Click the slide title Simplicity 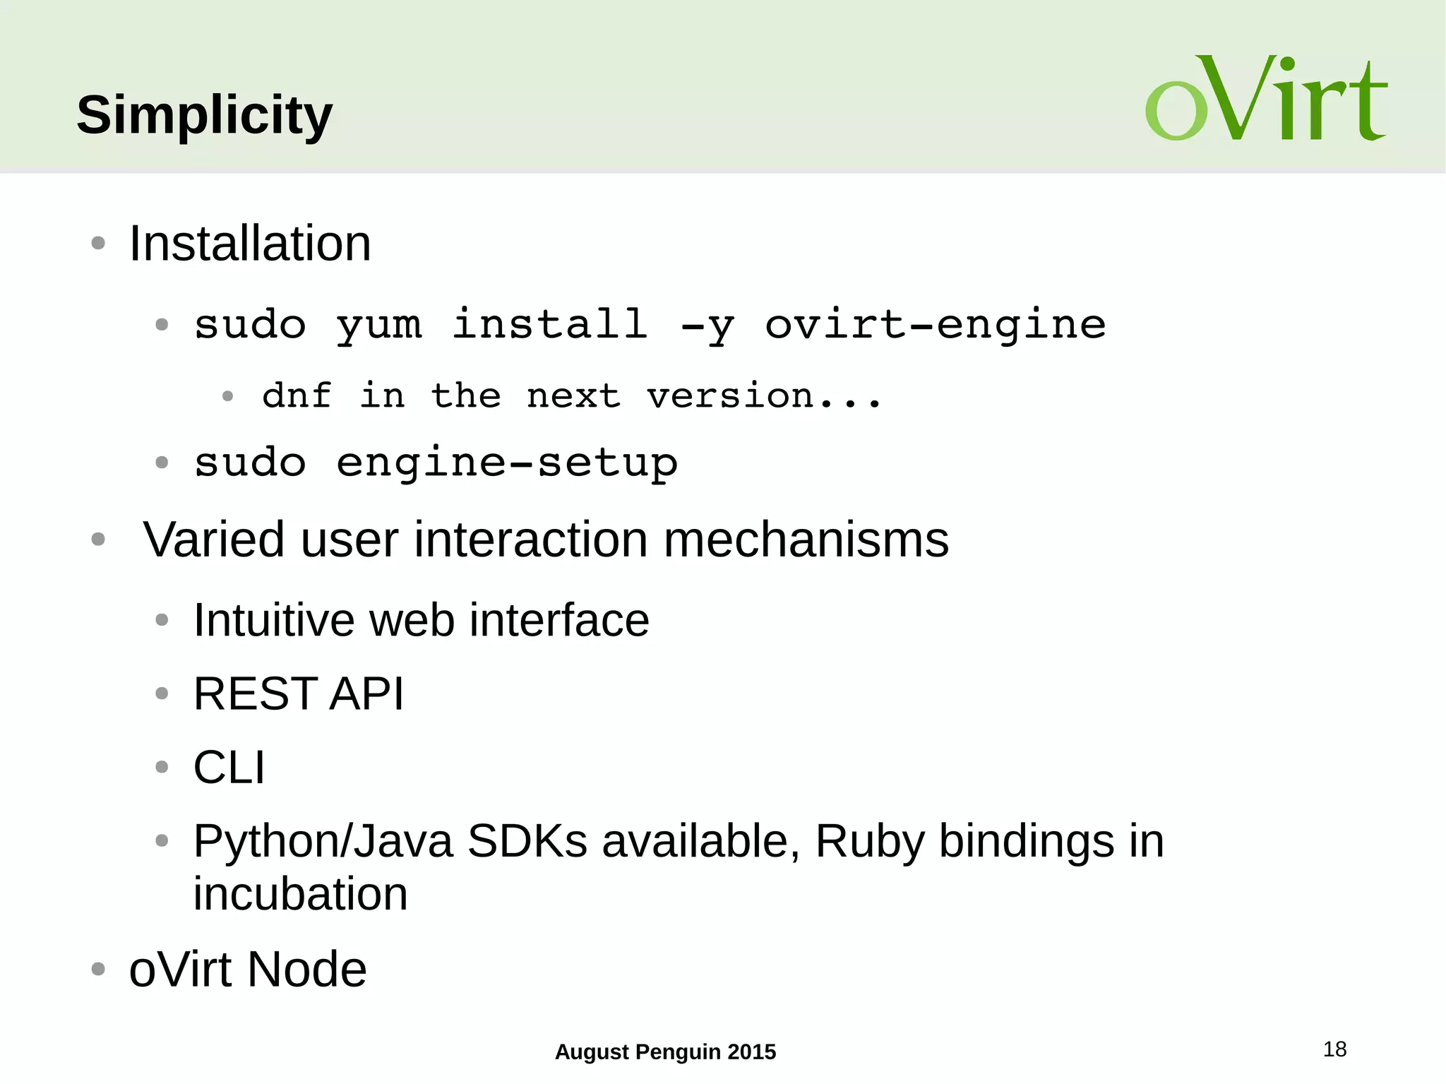coord(204,115)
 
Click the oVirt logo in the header coord(1266,99)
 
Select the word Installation coord(250,244)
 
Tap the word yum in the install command coord(379,326)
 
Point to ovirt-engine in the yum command coord(936,326)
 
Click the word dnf coord(297,395)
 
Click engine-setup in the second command coord(507,464)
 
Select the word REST coord(255,694)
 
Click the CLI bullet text coord(229,768)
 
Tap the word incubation coord(300,895)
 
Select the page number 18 coord(1334,1049)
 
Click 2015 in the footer coord(751,1052)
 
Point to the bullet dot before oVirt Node coord(98,970)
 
